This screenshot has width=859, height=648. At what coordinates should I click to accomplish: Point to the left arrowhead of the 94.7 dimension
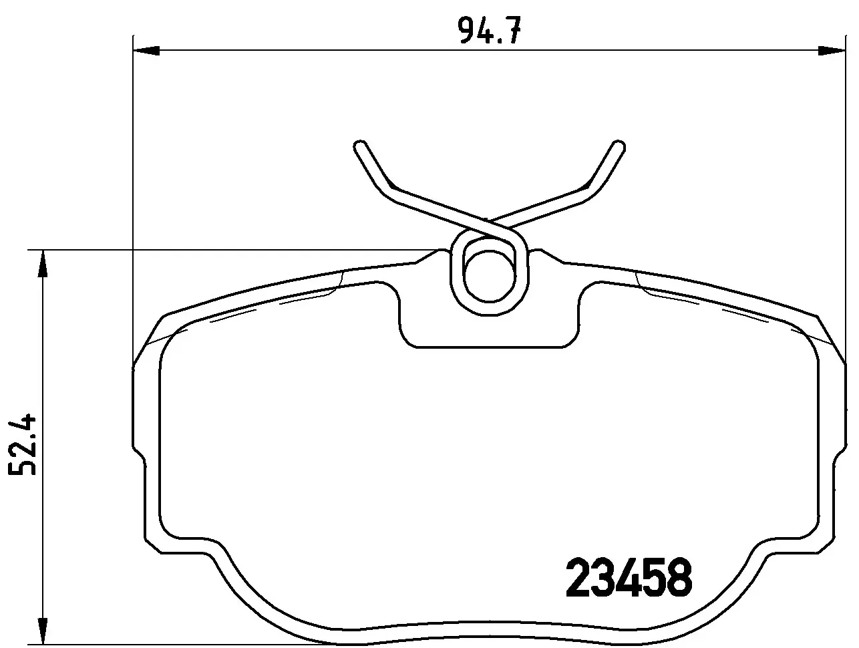(146, 49)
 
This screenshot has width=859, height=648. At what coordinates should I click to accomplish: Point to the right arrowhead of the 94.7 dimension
(832, 49)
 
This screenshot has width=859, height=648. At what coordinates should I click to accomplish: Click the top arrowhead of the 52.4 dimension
(43, 263)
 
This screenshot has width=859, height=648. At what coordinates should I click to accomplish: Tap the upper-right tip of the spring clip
(618, 147)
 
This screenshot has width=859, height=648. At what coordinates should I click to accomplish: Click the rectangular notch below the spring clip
(490, 327)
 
